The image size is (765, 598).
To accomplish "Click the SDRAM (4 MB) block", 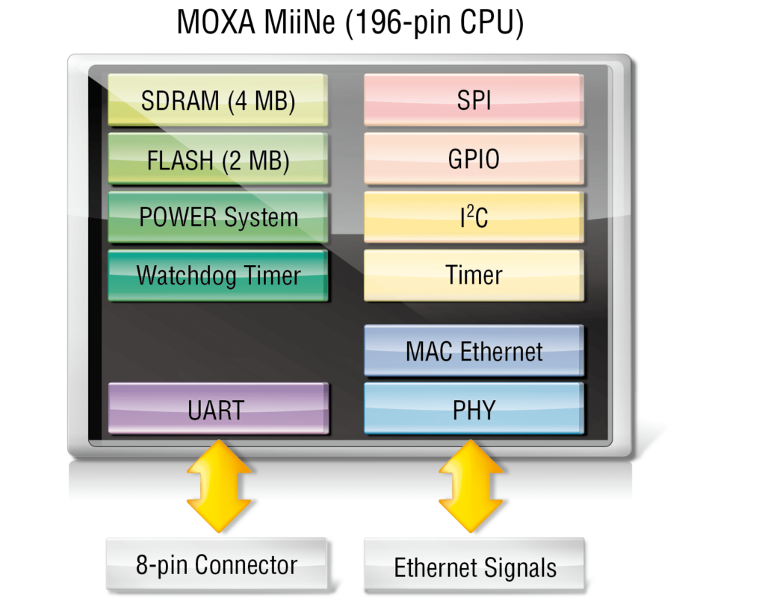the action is click(217, 100).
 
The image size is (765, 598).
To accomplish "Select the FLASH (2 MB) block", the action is click(217, 159).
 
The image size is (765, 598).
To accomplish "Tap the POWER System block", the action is click(217, 217).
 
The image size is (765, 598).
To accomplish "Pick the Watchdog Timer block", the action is click(217, 275).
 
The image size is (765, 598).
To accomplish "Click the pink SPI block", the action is click(474, 100).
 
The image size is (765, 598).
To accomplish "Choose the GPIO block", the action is click(474, 159).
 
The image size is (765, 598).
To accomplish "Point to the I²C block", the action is click(474, 217).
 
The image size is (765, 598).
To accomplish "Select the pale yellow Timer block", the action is click(474, 275).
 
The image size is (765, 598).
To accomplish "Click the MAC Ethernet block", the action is click(474, 351).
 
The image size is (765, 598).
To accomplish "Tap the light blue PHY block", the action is click(474, 408).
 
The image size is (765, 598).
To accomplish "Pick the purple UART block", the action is click(217, 408).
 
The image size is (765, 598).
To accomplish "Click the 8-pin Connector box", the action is click(217, 564).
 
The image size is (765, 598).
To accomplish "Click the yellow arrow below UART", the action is click(219, 486).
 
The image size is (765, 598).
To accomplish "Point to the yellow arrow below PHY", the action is click(471, 486).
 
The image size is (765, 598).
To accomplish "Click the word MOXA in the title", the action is click(216, 22).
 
